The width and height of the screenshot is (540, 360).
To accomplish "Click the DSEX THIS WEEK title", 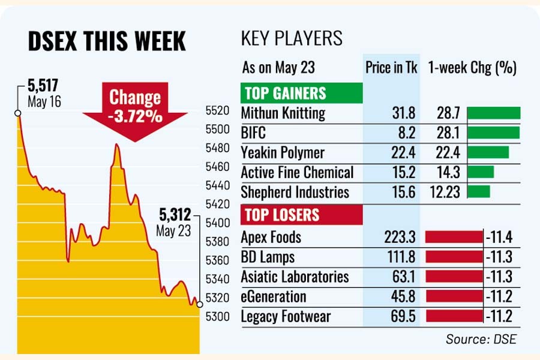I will point(107,42).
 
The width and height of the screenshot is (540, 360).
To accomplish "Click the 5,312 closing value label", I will point(175,214).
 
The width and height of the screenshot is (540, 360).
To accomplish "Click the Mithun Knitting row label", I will point(283,113).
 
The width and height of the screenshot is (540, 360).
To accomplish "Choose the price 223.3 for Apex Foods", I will point(398,238).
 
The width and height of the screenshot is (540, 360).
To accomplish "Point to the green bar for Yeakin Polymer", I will point(487,152).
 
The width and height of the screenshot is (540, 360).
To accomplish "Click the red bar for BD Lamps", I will point(454,257).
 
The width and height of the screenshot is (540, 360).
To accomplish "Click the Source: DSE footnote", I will point(481,340).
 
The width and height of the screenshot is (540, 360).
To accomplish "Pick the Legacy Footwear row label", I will point(286,316).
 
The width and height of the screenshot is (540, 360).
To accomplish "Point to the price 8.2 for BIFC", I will point(406,133).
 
